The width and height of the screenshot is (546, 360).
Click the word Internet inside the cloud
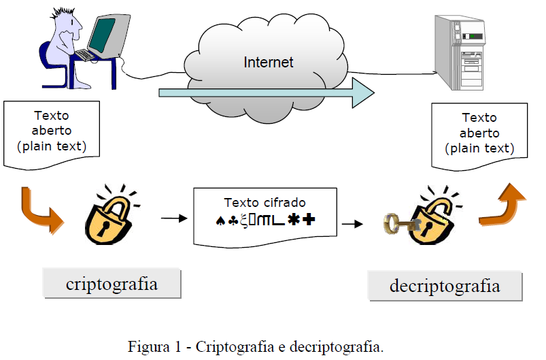pyautogui.click(x=269, y=63)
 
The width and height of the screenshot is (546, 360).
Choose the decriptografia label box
pyautogui.click(x=445, y=287)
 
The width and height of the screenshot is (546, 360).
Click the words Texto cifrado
pyautogui.click(x=265, y=202)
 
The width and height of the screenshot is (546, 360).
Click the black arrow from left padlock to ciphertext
pyautogui.click(x=173, y=218)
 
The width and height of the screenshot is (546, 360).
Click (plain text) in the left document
pyautogui.click(x=52, y=146)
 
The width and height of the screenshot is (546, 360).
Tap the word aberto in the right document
pyautogui.click(x=479, y=133)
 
